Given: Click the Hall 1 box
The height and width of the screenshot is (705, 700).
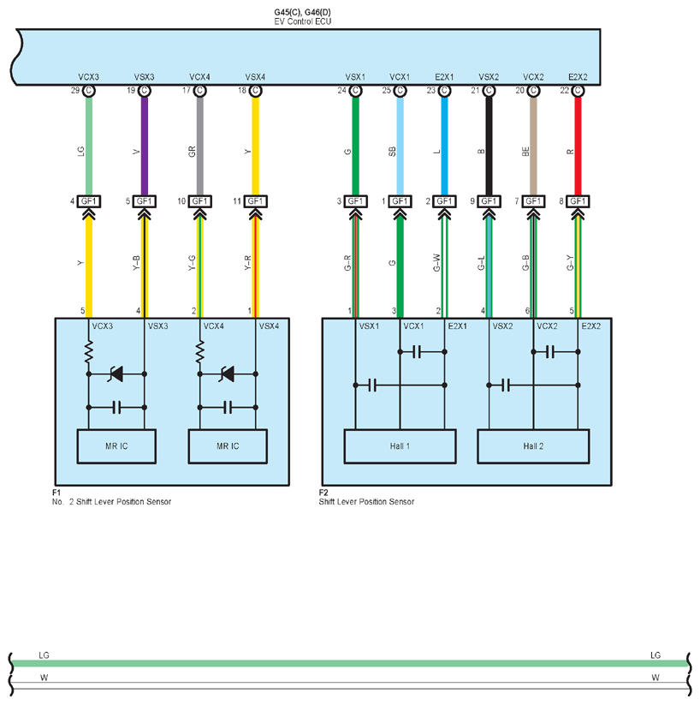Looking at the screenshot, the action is (400, 446).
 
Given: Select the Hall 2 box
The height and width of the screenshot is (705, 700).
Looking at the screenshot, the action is (533, 446).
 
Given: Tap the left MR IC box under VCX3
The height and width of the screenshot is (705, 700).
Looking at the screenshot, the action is (116, 446).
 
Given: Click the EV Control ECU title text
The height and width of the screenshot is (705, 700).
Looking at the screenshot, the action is (302, 21).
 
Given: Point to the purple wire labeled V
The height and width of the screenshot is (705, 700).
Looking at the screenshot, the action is (145, 146).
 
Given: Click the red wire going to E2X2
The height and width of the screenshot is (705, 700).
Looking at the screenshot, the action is (578, 146).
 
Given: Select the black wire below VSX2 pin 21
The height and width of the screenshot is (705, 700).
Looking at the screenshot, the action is (489, 146).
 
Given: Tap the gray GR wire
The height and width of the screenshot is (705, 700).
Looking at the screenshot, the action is (200, 146).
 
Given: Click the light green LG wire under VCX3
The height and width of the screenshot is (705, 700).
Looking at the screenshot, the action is (89, 146).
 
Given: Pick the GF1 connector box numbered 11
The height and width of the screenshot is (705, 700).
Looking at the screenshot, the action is (255, 201).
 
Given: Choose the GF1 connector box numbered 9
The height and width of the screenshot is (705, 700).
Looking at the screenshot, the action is (489, 201).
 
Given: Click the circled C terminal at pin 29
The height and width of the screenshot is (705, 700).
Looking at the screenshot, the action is (89, 91).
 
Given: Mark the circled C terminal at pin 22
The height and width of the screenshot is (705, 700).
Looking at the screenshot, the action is (578, 91).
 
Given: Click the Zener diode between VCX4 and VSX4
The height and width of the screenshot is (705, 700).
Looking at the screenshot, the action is (228, 373).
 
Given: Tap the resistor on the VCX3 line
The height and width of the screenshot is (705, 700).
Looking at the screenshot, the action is (89, 351).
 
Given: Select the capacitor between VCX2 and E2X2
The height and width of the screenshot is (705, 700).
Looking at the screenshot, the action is (550, 351).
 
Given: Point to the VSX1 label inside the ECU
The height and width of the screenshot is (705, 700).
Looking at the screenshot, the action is (355, 77).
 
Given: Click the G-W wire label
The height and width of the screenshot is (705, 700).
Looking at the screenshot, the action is (436, 263).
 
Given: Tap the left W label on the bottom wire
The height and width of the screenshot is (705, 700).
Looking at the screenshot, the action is (44, 677).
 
